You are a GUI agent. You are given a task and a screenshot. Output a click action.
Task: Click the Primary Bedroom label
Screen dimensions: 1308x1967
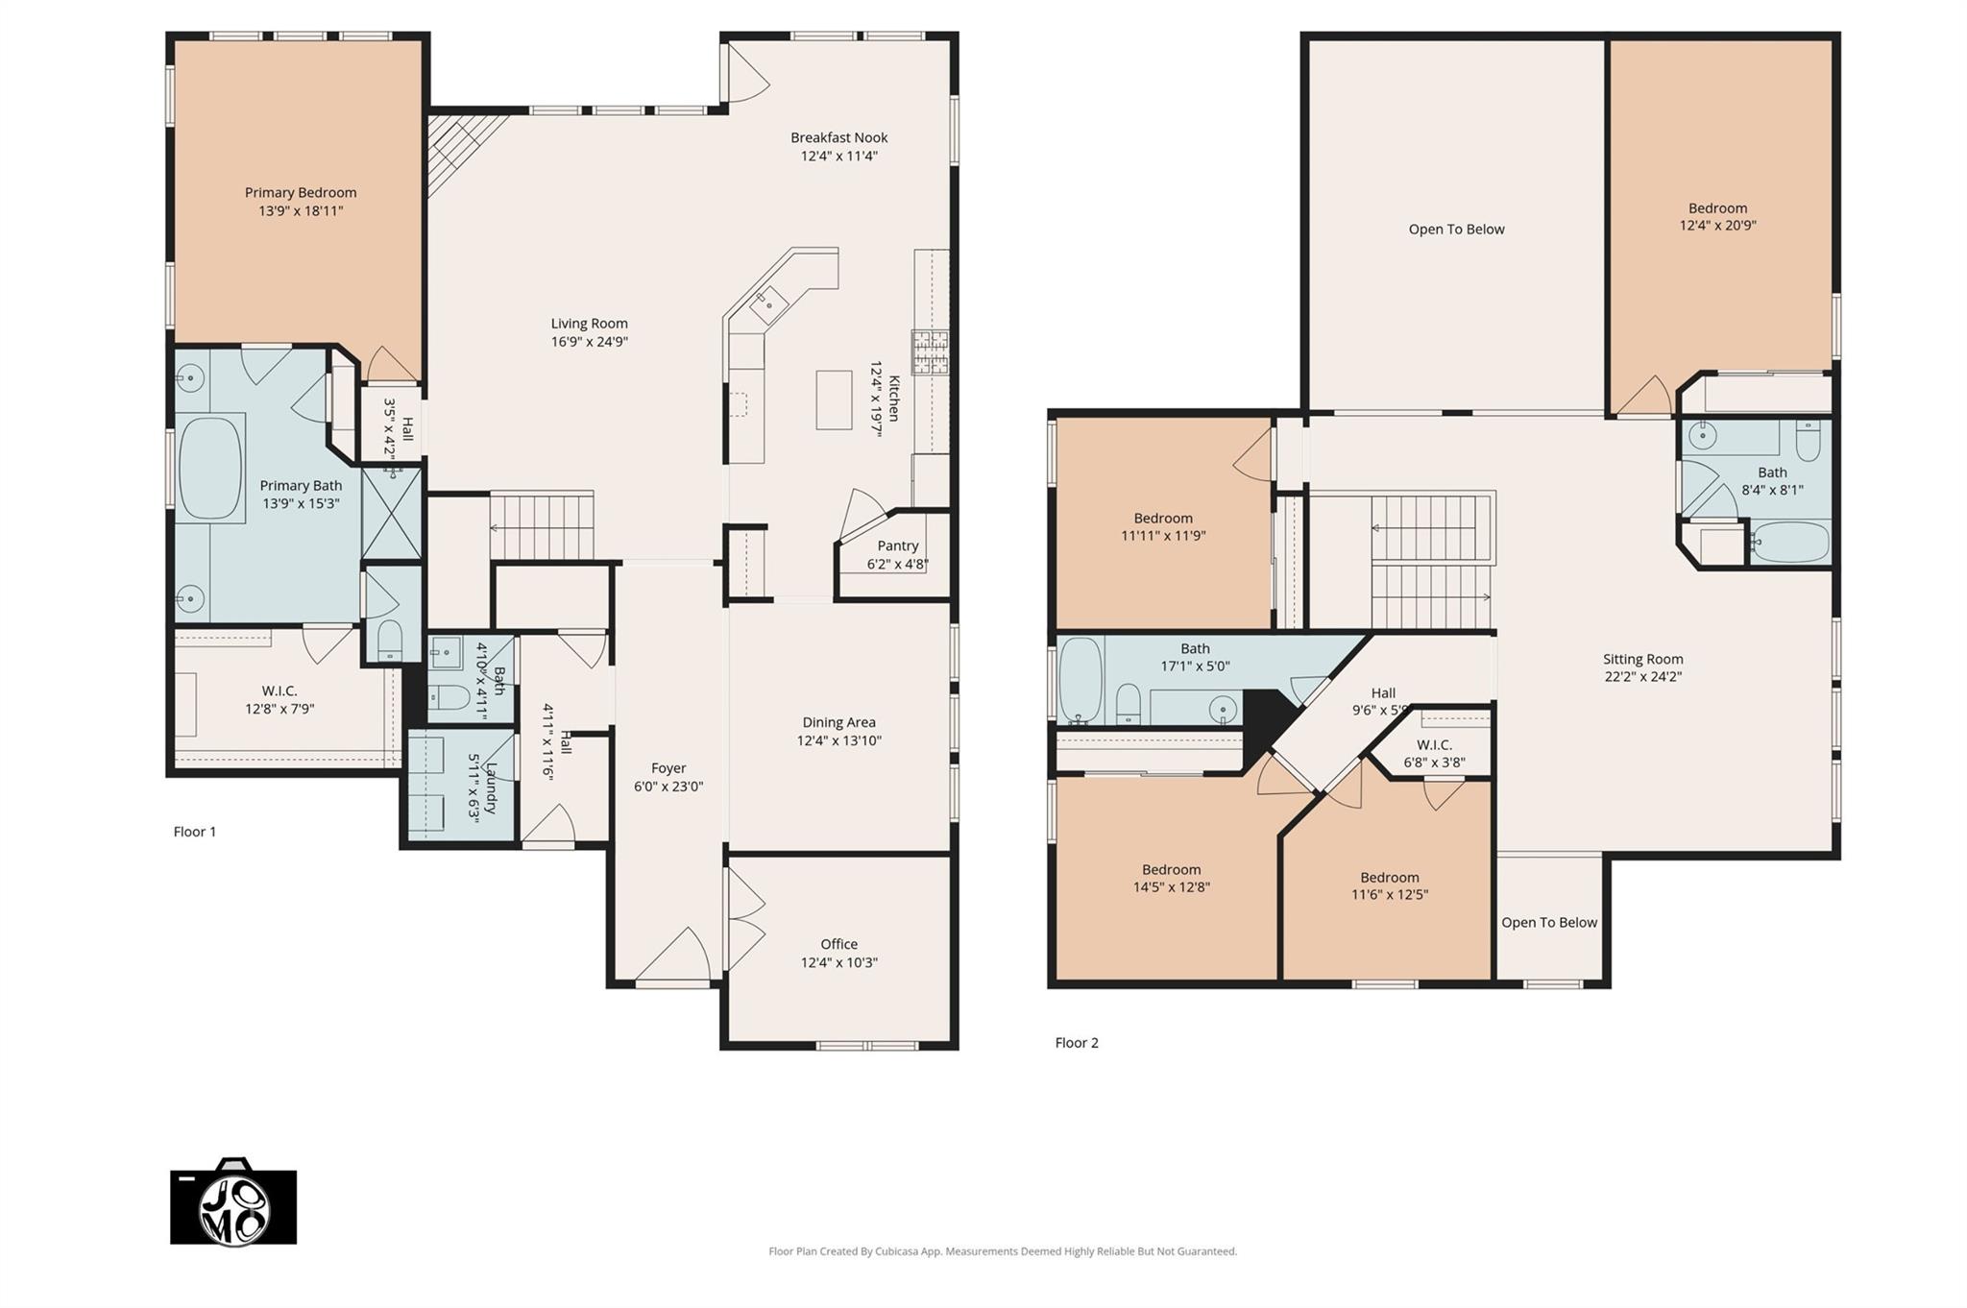click(300, 193)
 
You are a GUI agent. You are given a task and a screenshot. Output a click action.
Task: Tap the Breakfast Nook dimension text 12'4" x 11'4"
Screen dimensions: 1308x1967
click(838, 156)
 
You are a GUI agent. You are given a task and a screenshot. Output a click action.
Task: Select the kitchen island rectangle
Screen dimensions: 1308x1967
click(834, 400)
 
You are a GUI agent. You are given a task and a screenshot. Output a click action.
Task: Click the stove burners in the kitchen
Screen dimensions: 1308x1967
click(929, 351)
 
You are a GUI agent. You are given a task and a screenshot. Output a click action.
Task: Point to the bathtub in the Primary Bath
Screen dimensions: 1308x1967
click(210, 468)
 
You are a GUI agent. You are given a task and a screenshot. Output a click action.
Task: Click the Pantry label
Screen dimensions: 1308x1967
click(897, 545)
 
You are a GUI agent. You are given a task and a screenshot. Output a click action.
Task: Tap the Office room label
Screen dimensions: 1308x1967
click(838, 944)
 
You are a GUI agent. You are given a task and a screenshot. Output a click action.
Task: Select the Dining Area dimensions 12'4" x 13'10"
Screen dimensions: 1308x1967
click(838, 740)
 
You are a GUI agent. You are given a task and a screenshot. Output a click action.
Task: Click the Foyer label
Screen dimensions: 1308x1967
click(668, 768)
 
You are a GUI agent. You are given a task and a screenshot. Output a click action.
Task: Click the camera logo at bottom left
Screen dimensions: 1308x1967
click(233, 1203)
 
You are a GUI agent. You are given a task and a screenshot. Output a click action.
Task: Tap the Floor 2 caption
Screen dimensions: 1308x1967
click(1076, 1043)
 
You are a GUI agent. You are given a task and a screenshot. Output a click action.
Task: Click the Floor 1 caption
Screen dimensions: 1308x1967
click(194, 832)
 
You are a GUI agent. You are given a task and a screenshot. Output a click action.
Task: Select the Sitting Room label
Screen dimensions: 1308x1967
click(1642, 659)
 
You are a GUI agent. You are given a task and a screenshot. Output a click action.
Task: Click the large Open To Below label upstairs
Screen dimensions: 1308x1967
click(1456, 230)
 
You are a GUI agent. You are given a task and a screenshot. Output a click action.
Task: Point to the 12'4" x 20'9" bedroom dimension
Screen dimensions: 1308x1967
click(1717, 226)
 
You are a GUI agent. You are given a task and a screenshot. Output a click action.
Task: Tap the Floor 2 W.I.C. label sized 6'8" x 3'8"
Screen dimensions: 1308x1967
click(1434, 745)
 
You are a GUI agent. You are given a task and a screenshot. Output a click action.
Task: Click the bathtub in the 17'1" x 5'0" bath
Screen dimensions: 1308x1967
click(1080, 679)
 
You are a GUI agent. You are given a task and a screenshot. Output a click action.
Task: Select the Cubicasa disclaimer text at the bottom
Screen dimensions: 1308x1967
click(1002, 1251)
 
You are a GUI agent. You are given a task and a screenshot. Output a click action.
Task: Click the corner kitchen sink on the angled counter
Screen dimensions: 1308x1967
click(768, 305)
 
